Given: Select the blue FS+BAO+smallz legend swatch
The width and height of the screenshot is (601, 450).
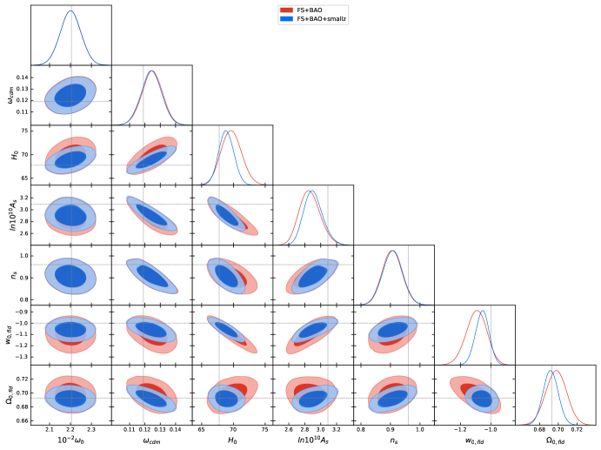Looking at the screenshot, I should (x=283, y=18).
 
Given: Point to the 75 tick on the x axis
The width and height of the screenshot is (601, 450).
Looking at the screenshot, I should (x=264, y=430).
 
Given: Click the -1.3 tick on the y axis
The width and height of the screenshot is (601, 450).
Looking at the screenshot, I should (x=20, y=357).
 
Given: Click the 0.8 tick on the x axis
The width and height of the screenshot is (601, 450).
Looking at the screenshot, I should (x=362, y=430).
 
